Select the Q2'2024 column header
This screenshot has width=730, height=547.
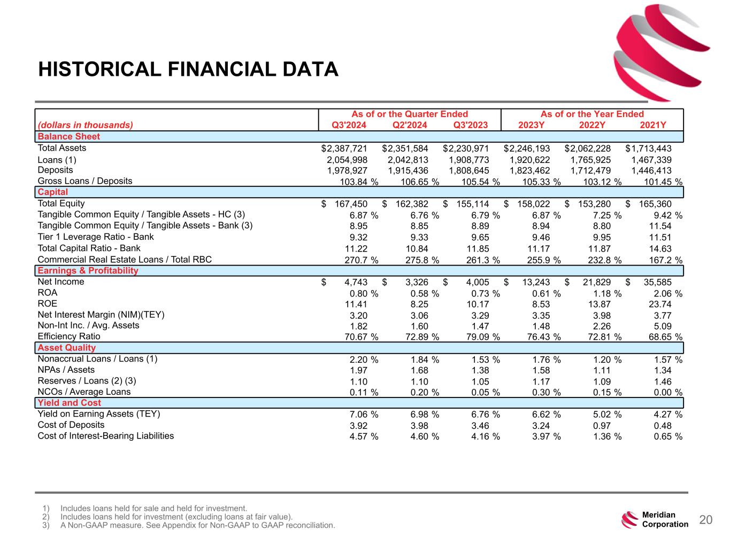(410, 125)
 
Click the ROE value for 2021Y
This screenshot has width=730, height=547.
(659, 304)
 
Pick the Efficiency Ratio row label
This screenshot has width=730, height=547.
(69, 337)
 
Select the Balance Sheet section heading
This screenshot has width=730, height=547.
(69, 136)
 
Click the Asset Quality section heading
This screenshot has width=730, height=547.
(67, 348)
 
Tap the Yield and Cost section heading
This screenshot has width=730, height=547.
(69, 403)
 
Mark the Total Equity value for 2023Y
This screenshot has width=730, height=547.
(532, 204)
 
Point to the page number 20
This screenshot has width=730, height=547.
(706, 520)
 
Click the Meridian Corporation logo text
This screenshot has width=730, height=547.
(665, 520)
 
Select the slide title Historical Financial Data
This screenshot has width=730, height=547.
(188, 69)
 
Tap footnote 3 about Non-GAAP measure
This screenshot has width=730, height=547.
(197, 526)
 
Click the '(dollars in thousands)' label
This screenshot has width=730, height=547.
(85, 125)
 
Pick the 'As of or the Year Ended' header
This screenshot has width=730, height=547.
(592, 114)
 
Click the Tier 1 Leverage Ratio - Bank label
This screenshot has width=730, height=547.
(96, 237)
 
